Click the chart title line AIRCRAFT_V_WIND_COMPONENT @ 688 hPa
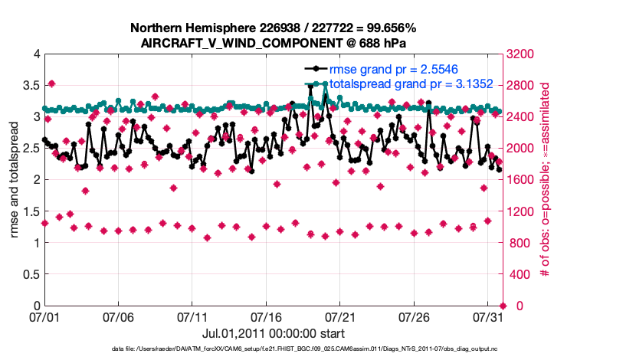(274, 44)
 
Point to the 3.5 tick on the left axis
(31, 85)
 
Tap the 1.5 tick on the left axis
(31, 211)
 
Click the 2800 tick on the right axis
(520, 85)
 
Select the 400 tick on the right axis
(517, 274)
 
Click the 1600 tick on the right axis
(520, 180)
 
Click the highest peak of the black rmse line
(310, 87)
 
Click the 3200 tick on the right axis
(520, 54)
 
